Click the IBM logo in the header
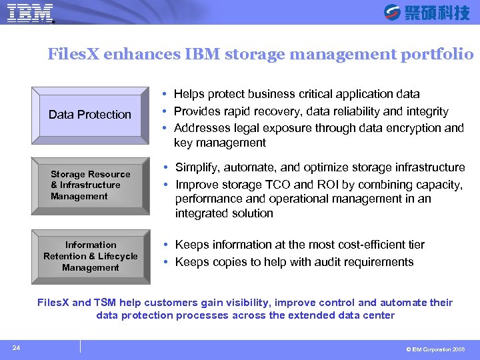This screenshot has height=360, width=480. tap(31, 13)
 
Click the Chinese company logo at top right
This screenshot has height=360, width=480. tap(427, 13)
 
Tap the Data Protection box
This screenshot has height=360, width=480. tap(90, 115)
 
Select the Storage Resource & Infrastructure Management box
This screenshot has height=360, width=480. tap(90, 185)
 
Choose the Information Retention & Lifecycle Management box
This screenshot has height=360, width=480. tap(90, 256)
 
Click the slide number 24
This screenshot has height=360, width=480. tap(16, 347)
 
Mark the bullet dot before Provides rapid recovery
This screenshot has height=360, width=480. tap(163, 111)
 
